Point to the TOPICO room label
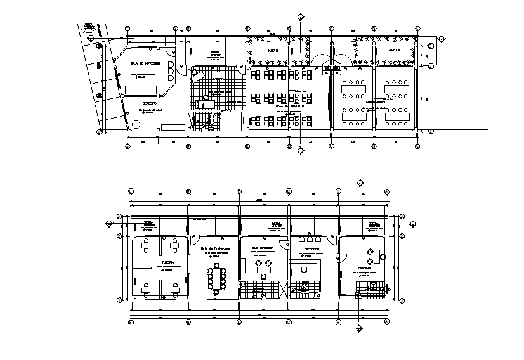[x=218, y=80]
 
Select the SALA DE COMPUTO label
[x=294, y=106]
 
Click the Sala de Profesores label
[x=215, y=248]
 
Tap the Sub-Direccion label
[x=263, y=248]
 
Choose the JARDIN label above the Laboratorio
[x=394, y=49]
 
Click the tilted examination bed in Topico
[x=197, y=74]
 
